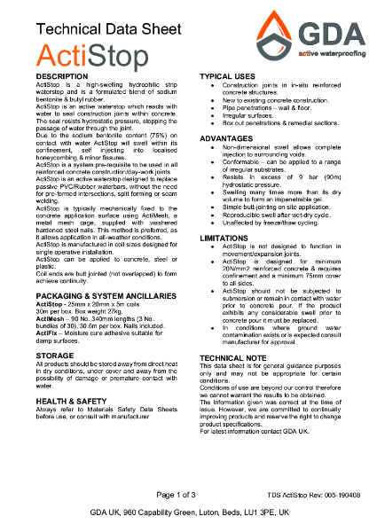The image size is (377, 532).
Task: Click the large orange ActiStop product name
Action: pyautogui.click(x=76, y=56)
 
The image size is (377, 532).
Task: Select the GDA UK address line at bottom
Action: pyautogui.click(x=188, y=513)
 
